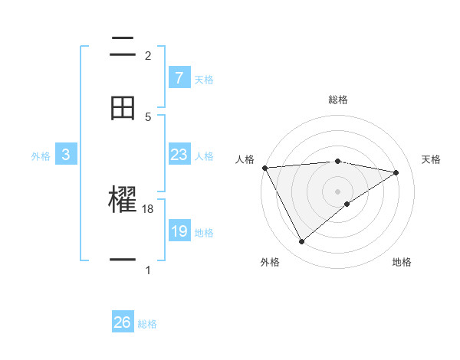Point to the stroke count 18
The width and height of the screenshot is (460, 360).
[148, 209]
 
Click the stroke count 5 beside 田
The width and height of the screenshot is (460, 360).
[148, 117]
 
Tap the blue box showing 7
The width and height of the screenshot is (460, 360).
[179, 77]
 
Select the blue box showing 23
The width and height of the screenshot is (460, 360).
[179, 155]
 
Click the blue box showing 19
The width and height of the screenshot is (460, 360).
[179, 231]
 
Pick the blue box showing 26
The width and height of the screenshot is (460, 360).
[123, 322]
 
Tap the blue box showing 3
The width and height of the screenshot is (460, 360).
[66, 155]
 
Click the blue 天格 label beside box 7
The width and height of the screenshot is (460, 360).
[204, 79]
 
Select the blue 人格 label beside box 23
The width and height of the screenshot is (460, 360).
[204, 156]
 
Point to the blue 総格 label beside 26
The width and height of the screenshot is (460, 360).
[147, 324]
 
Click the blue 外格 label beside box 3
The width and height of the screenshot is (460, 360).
[41, 156]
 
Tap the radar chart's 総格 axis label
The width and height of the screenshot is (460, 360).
[338, 100]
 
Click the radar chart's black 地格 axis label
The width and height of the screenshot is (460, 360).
[402, 262]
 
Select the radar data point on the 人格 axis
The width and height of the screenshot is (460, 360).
[264, 168]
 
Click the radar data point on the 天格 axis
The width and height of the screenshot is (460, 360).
[396, 173]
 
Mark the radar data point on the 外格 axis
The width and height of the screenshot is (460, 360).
[301, 242]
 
